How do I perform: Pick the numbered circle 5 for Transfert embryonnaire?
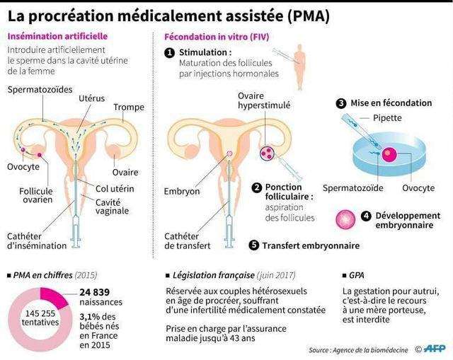click(253, 245)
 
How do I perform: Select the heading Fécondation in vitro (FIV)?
click(203, 35)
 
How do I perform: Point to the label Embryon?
click(182, 191)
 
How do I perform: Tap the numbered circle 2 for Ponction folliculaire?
click(256, 187)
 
